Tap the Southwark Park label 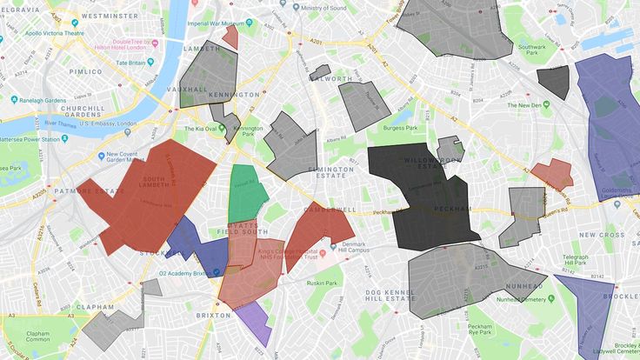[x=531, y=52]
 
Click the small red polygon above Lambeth [x=230, y=36]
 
